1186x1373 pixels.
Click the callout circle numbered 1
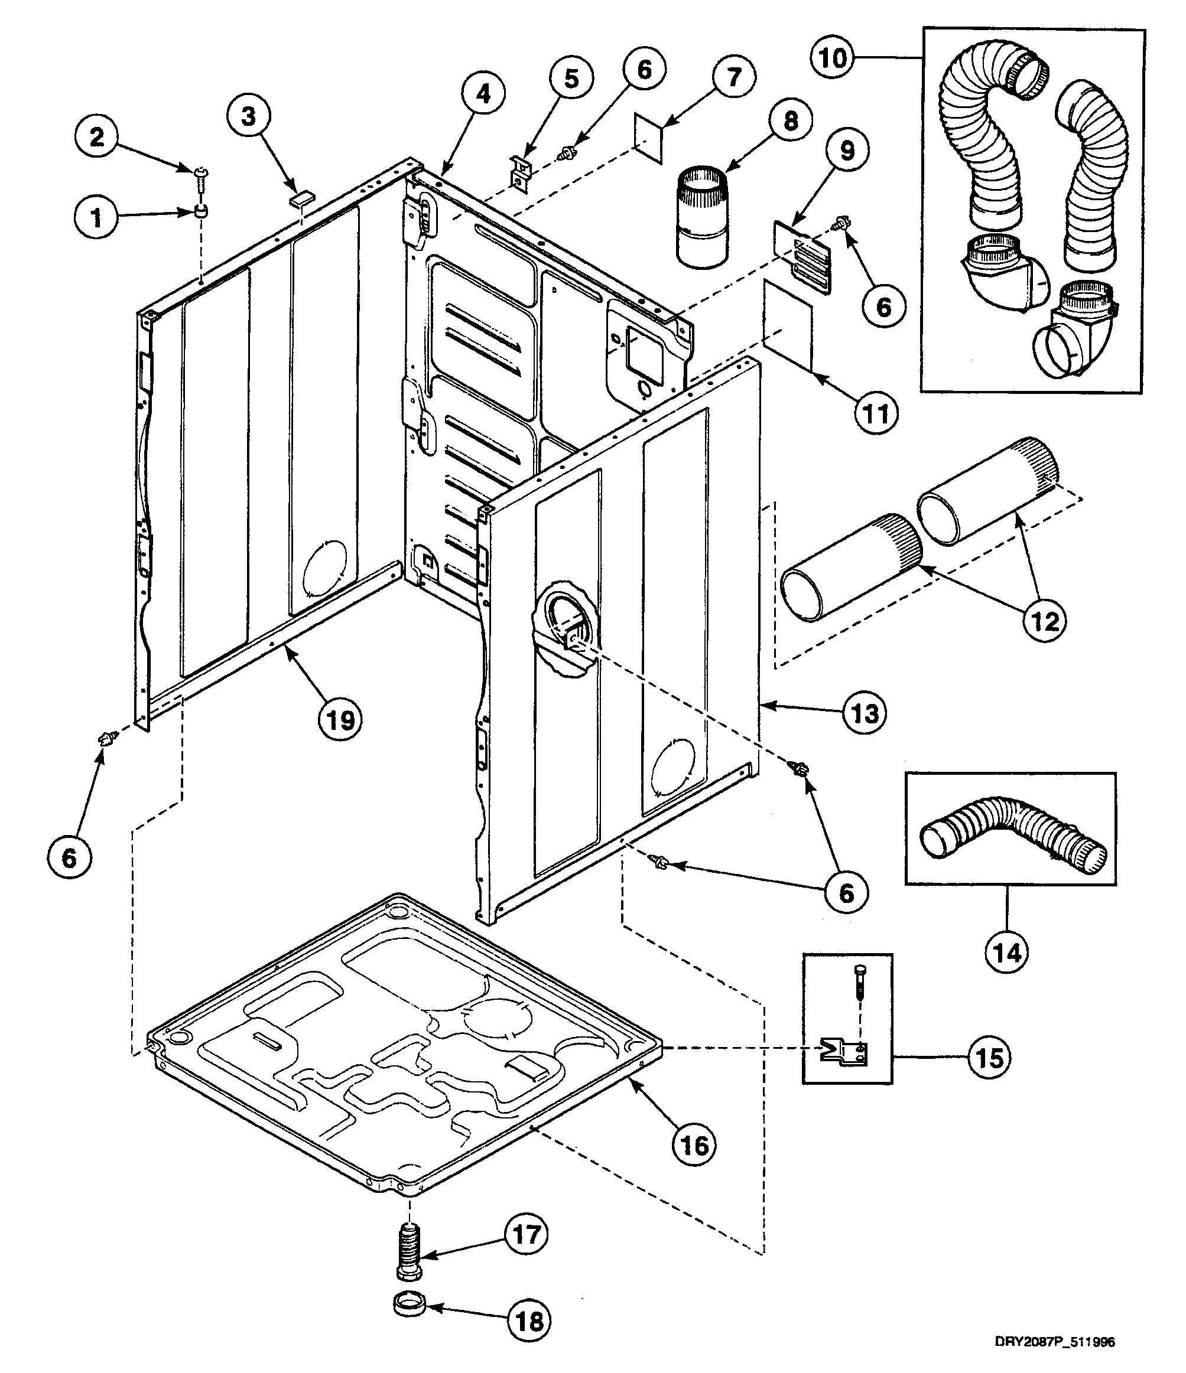point(97,217)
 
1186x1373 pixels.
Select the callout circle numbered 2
point(97,138)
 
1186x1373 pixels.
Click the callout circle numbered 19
point(341,719)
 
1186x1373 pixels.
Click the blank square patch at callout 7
point(647,138)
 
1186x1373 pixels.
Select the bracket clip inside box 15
point(843,1052)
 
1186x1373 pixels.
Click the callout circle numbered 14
point(1007,953)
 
